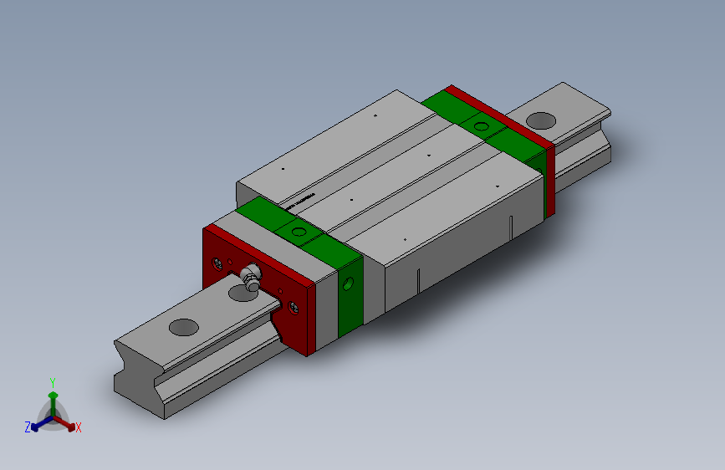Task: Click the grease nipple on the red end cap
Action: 250,275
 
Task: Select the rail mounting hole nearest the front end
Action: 181,327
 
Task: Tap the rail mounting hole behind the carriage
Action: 541,120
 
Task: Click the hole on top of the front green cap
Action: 299,231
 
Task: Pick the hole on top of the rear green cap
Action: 481,127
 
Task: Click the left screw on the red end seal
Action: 218,264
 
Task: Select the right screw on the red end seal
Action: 293,307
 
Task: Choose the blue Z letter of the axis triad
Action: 28,427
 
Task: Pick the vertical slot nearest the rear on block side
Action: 511,227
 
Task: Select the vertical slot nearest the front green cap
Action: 416,281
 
